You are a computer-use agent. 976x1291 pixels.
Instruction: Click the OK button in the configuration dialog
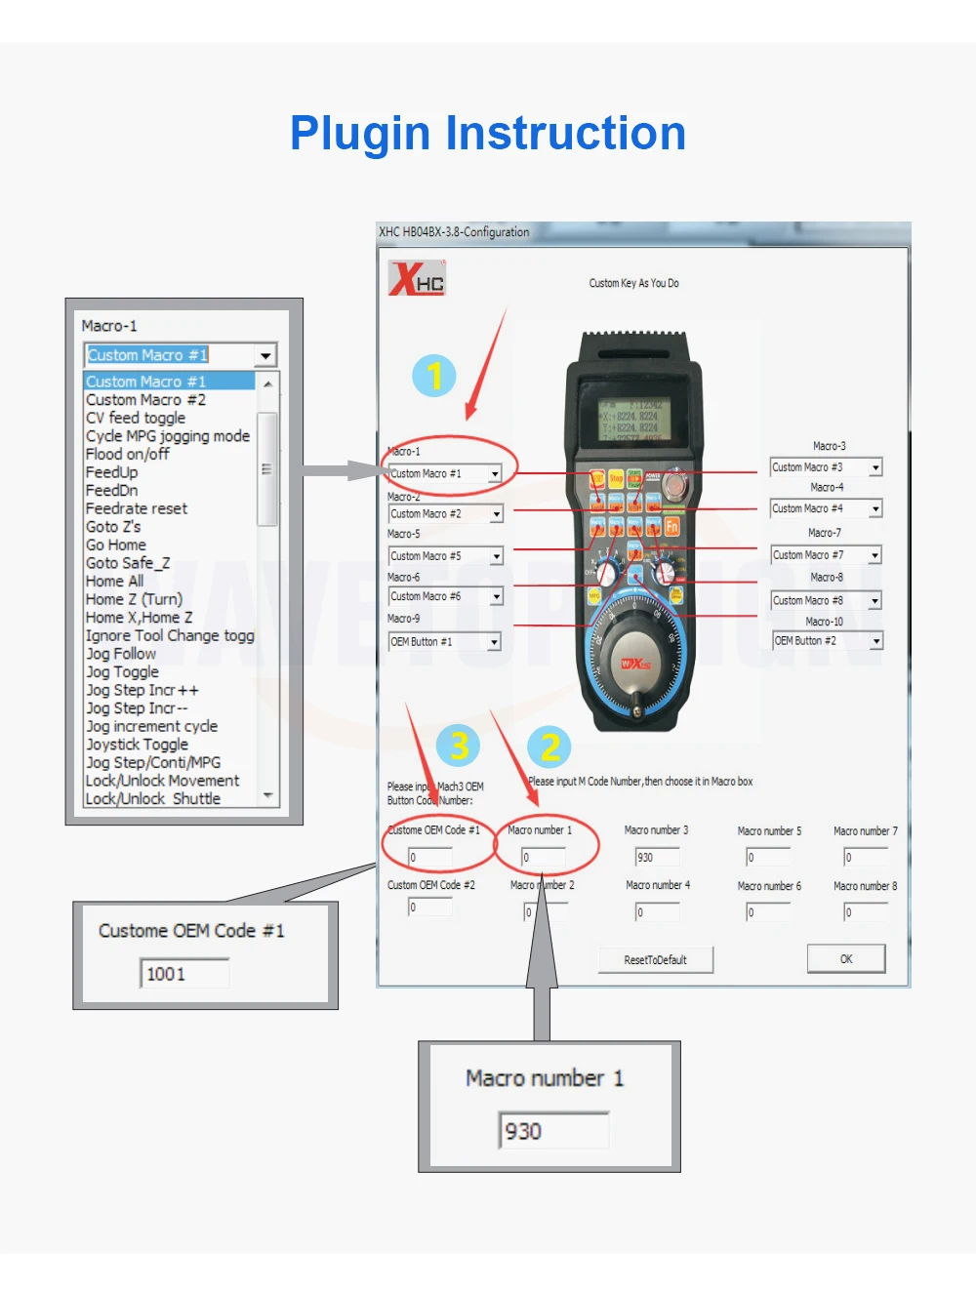[x=845, y=959]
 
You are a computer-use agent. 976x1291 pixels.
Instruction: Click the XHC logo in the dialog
[x=417, y=279]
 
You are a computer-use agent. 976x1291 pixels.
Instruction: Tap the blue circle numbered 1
[x=434, y=376]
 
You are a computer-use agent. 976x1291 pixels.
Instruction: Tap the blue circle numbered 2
[x=549, y=747]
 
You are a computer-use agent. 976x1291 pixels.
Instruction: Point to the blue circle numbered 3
[x=458, y=746]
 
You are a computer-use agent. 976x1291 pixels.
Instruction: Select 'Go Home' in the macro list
[x=116, y=545]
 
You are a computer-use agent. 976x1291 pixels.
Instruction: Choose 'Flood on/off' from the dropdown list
[x=128, y=454]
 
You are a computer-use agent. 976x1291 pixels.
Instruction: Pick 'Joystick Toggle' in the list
[x=137, y=745]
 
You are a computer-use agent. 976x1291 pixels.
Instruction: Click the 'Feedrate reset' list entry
[x=137, y=508]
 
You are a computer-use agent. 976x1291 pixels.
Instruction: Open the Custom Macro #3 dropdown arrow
[x=875, y=468]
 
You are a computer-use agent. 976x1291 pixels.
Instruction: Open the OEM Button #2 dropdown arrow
[x=876, y=641]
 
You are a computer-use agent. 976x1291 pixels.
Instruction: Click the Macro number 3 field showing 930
[x=658, y=857]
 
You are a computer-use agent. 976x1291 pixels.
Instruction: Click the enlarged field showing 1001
[x=184, y=974]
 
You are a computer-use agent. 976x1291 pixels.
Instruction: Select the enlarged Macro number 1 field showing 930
[x=553, y=1131]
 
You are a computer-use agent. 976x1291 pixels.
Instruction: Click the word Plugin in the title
[x=360, y=133]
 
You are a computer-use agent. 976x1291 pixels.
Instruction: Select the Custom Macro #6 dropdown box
[x=445, y=596]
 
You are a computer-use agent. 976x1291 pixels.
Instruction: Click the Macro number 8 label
[x=865, y=886]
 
